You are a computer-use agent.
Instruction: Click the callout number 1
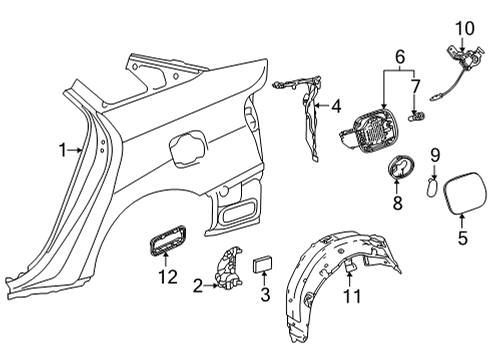pos(62,151)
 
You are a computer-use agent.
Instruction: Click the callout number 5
pos(462,238)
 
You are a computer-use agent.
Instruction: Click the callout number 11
pos(351,296)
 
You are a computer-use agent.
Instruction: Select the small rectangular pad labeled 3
pos(265,263)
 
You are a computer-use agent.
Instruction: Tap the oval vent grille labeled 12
pos(163,241)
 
